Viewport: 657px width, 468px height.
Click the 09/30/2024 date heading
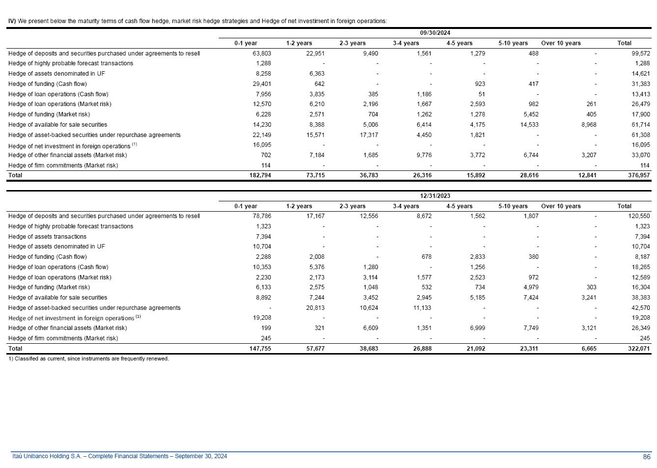(435, 33)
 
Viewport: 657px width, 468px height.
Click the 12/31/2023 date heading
(435, 196)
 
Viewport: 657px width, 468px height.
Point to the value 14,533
(529, 125)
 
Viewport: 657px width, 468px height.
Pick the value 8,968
(587, 125)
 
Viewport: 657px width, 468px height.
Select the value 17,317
(369, 135)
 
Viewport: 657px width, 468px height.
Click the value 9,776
(422, 155)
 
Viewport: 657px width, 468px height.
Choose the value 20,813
(314, 308)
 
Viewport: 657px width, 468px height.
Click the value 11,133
(422, 308)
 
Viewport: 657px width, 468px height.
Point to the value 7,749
(529, 328)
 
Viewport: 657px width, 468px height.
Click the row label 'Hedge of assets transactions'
(47, 237)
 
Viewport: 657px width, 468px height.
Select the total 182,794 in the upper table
(259, 175)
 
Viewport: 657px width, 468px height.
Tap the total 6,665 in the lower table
(588, 349)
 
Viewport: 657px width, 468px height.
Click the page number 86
(646, 457)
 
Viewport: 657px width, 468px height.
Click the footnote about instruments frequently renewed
(88, 359)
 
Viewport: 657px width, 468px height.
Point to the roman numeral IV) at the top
(12, 21)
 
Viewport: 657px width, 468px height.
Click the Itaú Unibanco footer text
(119, 457)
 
